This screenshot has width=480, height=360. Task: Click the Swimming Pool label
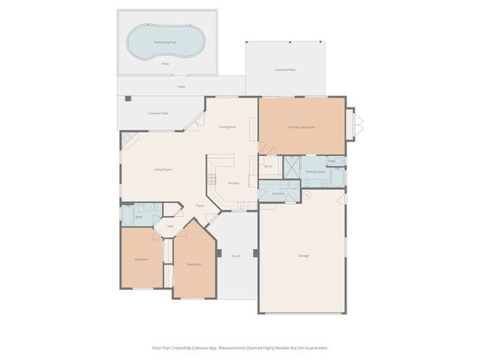[164, 43]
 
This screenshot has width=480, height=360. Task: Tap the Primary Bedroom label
[301, 127]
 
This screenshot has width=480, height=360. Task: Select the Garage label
[304, 256]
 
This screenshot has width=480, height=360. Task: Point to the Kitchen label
[233, 183]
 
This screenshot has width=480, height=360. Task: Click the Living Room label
[163, 169]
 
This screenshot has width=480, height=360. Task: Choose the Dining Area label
[227, 127]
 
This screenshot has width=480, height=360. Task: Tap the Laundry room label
[277, 193]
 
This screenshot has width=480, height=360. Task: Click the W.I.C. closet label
[268, 166]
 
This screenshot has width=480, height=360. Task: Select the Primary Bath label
[315, 172]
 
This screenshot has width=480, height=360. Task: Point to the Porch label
[236, 256]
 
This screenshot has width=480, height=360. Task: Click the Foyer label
[200, 205]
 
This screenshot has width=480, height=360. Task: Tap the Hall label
[170, 226]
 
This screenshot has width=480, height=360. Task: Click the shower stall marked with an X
[291, 166]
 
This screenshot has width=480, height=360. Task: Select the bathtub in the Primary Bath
[337, 178]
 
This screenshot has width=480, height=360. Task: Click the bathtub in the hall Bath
[127, 218]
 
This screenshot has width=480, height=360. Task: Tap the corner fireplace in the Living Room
[127, 139]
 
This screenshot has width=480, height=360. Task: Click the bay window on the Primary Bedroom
[358, 123]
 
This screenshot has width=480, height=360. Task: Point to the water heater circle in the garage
[306, 196]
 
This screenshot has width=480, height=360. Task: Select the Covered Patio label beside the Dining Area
[157, 113]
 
